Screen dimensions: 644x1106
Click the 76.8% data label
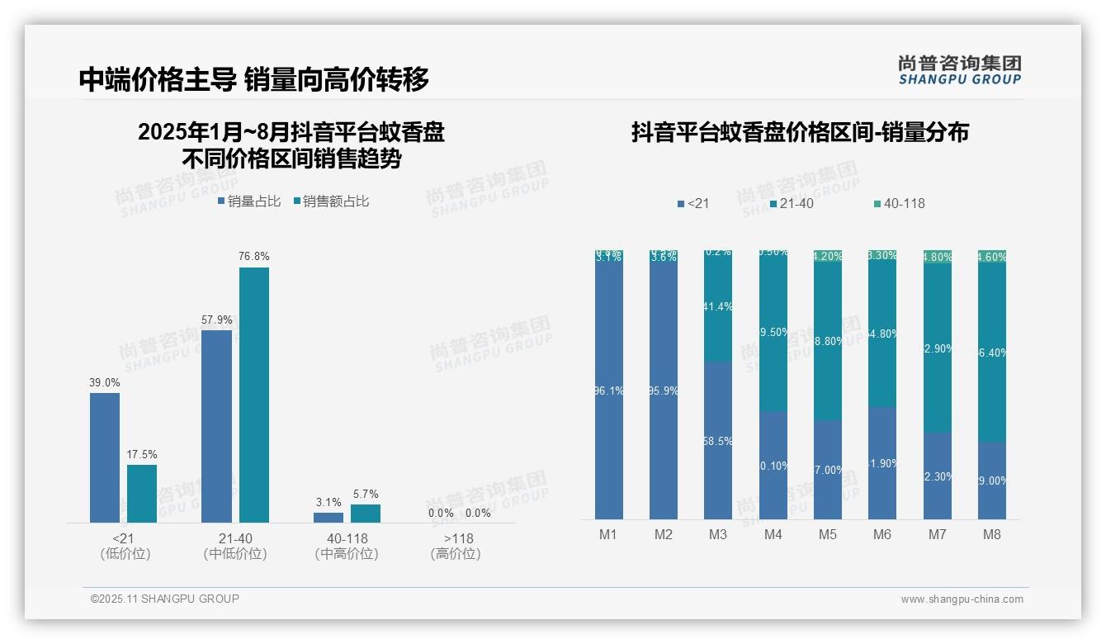(x=254, y=257)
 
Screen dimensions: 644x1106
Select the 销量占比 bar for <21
(x=105, y=457)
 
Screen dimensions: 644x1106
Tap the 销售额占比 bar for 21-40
(x=254, y=395)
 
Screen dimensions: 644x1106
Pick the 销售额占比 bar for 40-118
(x=366, y=514)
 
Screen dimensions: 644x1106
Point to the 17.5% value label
(x=142, y=455)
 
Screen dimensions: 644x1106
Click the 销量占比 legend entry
(x=250, y=201)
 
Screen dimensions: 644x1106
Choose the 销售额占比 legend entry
(x=332, y=201)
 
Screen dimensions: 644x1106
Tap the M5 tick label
(x=828, y=534)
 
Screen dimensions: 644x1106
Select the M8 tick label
(x=992, y=534)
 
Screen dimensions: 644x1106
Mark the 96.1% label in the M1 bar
(x=608, y=391)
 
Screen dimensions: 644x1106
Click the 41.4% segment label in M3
(x=718, y=306)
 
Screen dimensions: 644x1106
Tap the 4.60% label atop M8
(x=992, y=257)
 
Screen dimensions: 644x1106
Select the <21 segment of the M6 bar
(x=882, y=463)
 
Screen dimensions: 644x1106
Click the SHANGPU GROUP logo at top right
(x=960, y=70)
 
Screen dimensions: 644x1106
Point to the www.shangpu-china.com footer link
(x=962, y=599)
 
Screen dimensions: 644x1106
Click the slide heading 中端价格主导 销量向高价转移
(x=254, y=79)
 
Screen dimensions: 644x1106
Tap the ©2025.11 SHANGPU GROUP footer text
(x=165, y=599)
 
